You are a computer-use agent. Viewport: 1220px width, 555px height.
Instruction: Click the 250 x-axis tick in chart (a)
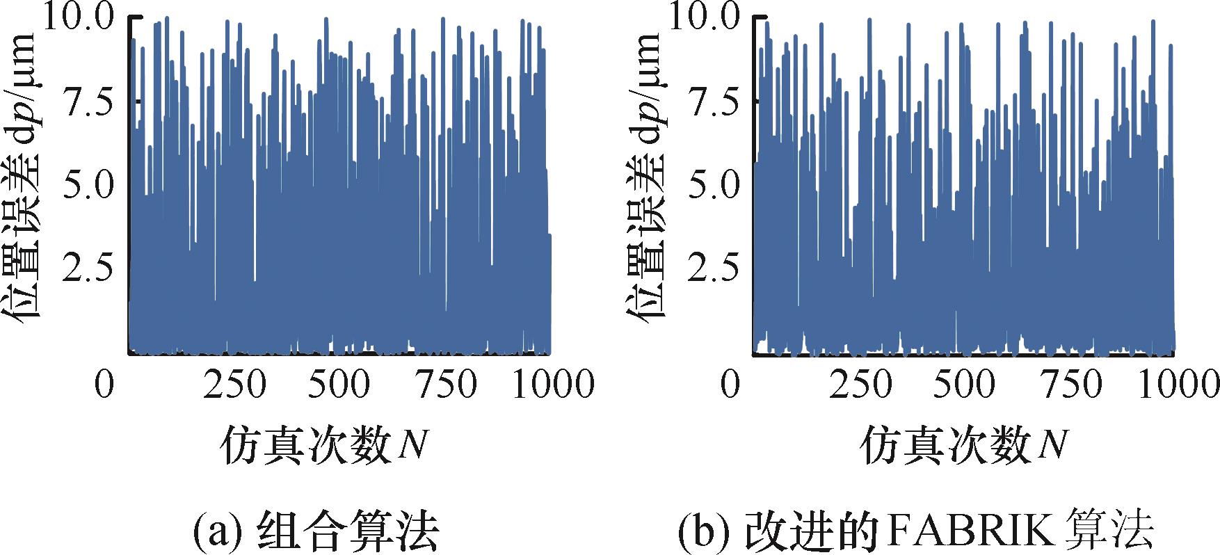pos(234,385)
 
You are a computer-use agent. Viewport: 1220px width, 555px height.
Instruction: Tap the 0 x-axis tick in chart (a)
pos(104,385)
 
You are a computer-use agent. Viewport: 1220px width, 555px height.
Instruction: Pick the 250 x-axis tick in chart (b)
pos(860,385)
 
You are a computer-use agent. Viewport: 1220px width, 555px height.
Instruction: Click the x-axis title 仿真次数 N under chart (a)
pos(324,446)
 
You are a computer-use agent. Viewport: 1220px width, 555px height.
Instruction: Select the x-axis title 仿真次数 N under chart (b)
pos(964,446)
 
